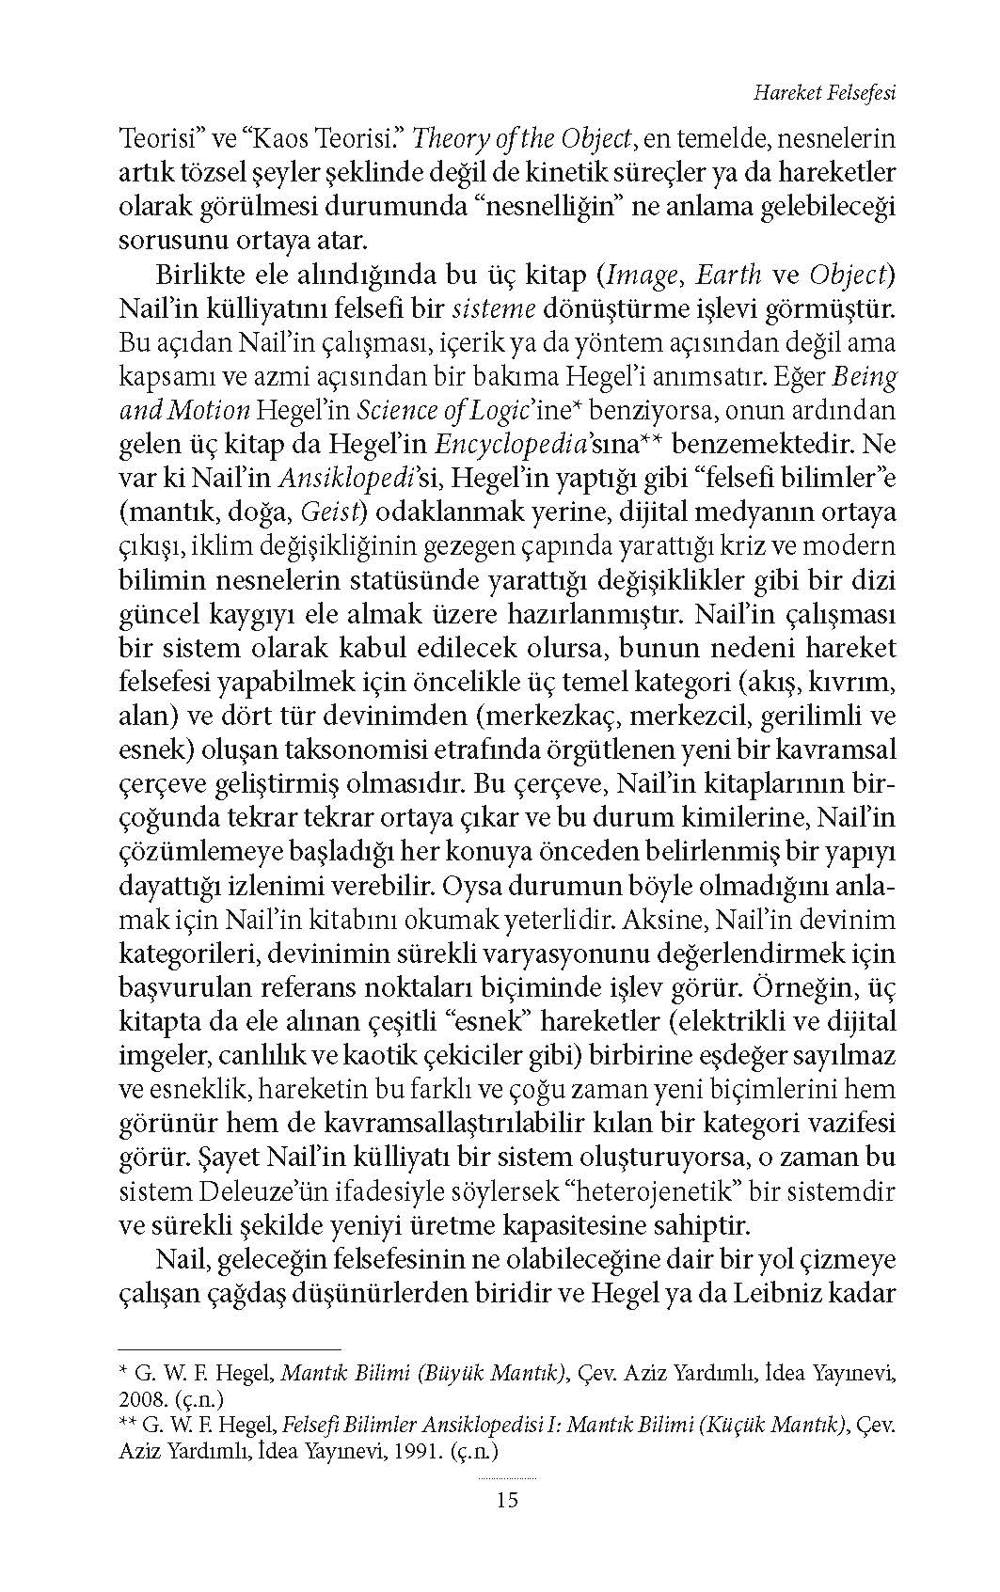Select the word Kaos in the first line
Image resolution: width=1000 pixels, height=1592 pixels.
[x=284, y=140]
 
